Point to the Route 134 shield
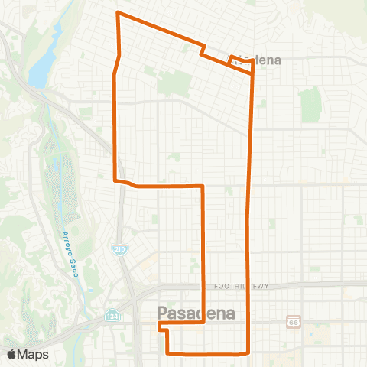[107, 317]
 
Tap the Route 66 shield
[294, 321]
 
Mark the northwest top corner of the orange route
[117, 13]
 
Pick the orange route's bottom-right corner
[249, 352]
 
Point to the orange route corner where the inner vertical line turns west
[203, 186]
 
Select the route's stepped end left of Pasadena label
[161, 326]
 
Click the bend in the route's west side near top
[115, 73]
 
